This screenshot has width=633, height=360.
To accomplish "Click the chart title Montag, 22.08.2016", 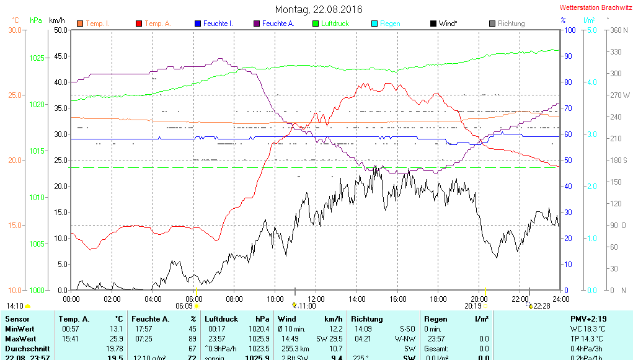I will click(x=319, y=9).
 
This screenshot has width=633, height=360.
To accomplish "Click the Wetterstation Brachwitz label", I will click(x=595, y=7).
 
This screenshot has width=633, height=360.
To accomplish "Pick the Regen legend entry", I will click(x=390, y=24).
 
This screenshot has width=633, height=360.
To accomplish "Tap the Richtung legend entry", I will click(x=511, y=24).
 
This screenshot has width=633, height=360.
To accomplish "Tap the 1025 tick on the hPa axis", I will click(x=37, y=58).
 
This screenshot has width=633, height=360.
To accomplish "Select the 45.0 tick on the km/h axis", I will click(x=60, y=56).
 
